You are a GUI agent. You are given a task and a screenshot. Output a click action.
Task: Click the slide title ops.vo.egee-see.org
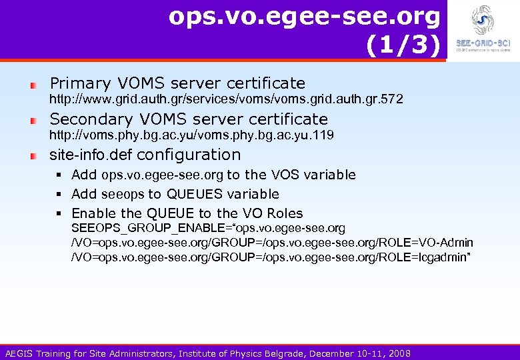(305, 17)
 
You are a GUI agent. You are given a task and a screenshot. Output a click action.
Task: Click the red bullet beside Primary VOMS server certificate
(34, 85)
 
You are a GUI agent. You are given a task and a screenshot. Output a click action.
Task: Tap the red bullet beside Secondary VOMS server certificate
(34, 121)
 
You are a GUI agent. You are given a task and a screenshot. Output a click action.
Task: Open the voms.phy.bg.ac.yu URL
(193, 135)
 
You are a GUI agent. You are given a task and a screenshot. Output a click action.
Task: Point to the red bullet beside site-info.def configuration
(34, 156)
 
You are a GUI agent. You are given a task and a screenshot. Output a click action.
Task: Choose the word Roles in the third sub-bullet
(285, 214)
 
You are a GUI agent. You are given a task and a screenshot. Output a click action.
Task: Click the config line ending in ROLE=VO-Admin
(272, 243)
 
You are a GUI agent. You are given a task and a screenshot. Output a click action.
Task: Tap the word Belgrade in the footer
(275, 353)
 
